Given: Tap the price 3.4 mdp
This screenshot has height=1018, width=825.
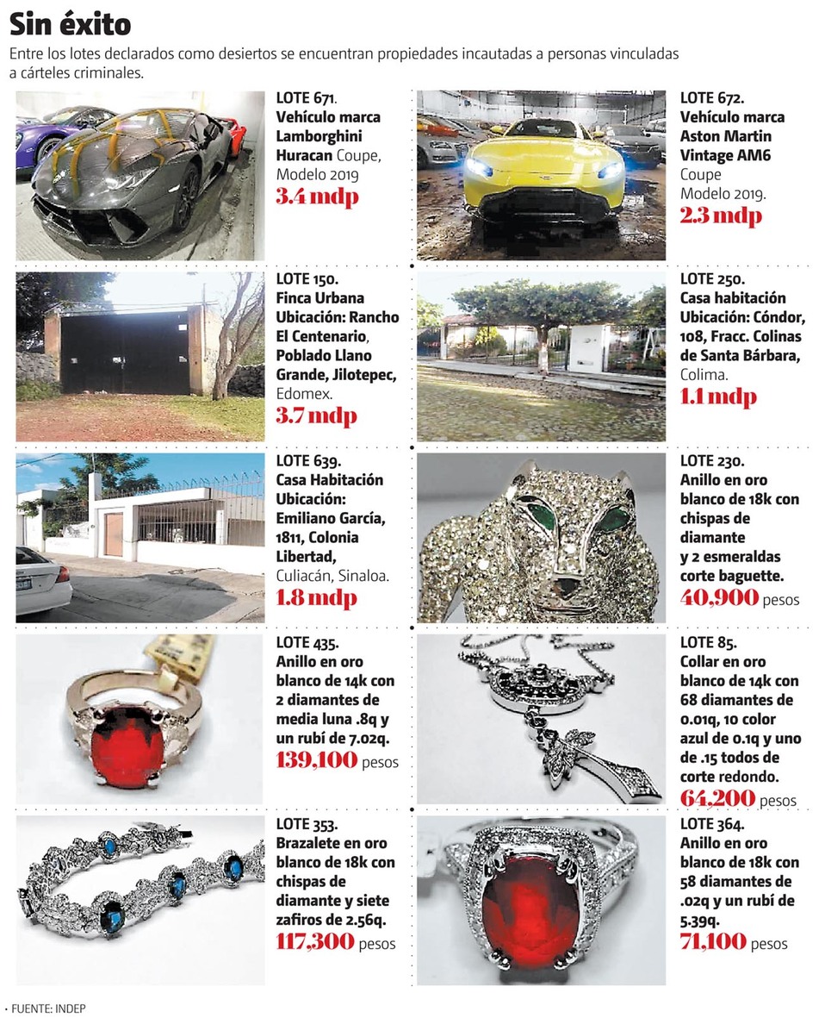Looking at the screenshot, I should (x=316, y=197).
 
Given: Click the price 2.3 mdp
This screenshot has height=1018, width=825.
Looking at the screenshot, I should (x=720, y=216).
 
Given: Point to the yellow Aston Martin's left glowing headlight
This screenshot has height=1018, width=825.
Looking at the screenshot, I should (x=479, y=168).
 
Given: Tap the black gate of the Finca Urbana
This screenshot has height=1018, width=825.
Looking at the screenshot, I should (x=125, y=353).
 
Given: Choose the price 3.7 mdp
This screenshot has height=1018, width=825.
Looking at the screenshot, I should (x=315, y=415).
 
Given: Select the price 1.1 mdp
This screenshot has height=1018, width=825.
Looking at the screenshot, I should (x=717, y=397).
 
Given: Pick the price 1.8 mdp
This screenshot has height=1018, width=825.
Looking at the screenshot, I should (x=315, y=597).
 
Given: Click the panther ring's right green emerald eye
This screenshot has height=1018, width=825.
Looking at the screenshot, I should (x=617, y=519).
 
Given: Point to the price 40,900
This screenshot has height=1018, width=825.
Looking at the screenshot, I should (x=719, y=597).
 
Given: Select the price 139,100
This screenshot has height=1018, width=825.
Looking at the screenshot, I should (x=315, y=761).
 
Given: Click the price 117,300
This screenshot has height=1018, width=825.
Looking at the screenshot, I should (x=315, y=942).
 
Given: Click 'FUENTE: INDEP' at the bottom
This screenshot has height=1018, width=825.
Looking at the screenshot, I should (x=48, y=1008).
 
